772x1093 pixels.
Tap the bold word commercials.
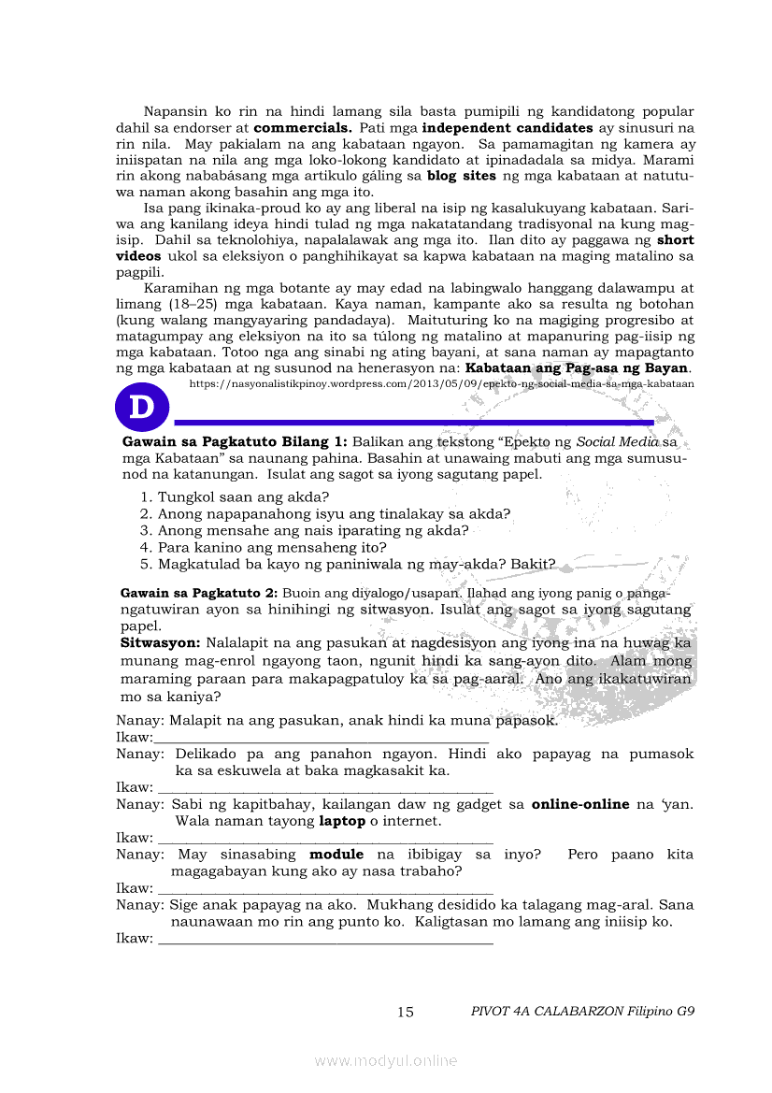pyautogui.click(x=302, y=127)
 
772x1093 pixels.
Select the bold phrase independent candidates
pyautogui.click(x=508, y=127)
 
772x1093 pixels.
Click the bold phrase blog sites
pyautogui.click(x=462, y=175)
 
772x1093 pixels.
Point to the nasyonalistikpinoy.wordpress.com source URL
pyautogui.click(x=441, y=383)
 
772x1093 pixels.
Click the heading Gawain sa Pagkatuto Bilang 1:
pyautogui.click(x=235, y=441)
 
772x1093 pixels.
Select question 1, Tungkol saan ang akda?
pyautogui.click(x=236, y=496)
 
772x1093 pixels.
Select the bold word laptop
pyautogui.click(x=342, y=821)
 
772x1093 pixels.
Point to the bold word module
pyautogui.click(x=336, y=855)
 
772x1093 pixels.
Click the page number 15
pyautogui.click(x=406, y=1012)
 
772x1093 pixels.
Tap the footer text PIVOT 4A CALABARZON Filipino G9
pyautogui.click(x=583, y=1011)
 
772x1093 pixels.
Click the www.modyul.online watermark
pyautogui.click(x=386, y=1060)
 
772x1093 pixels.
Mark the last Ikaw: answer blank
pyautogui.click(x=325, y=938)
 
